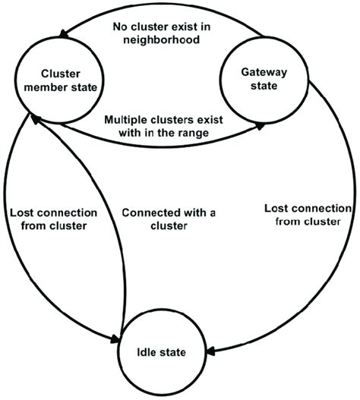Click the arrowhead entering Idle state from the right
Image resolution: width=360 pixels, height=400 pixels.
pyautogui.click(x=209, y=351)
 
